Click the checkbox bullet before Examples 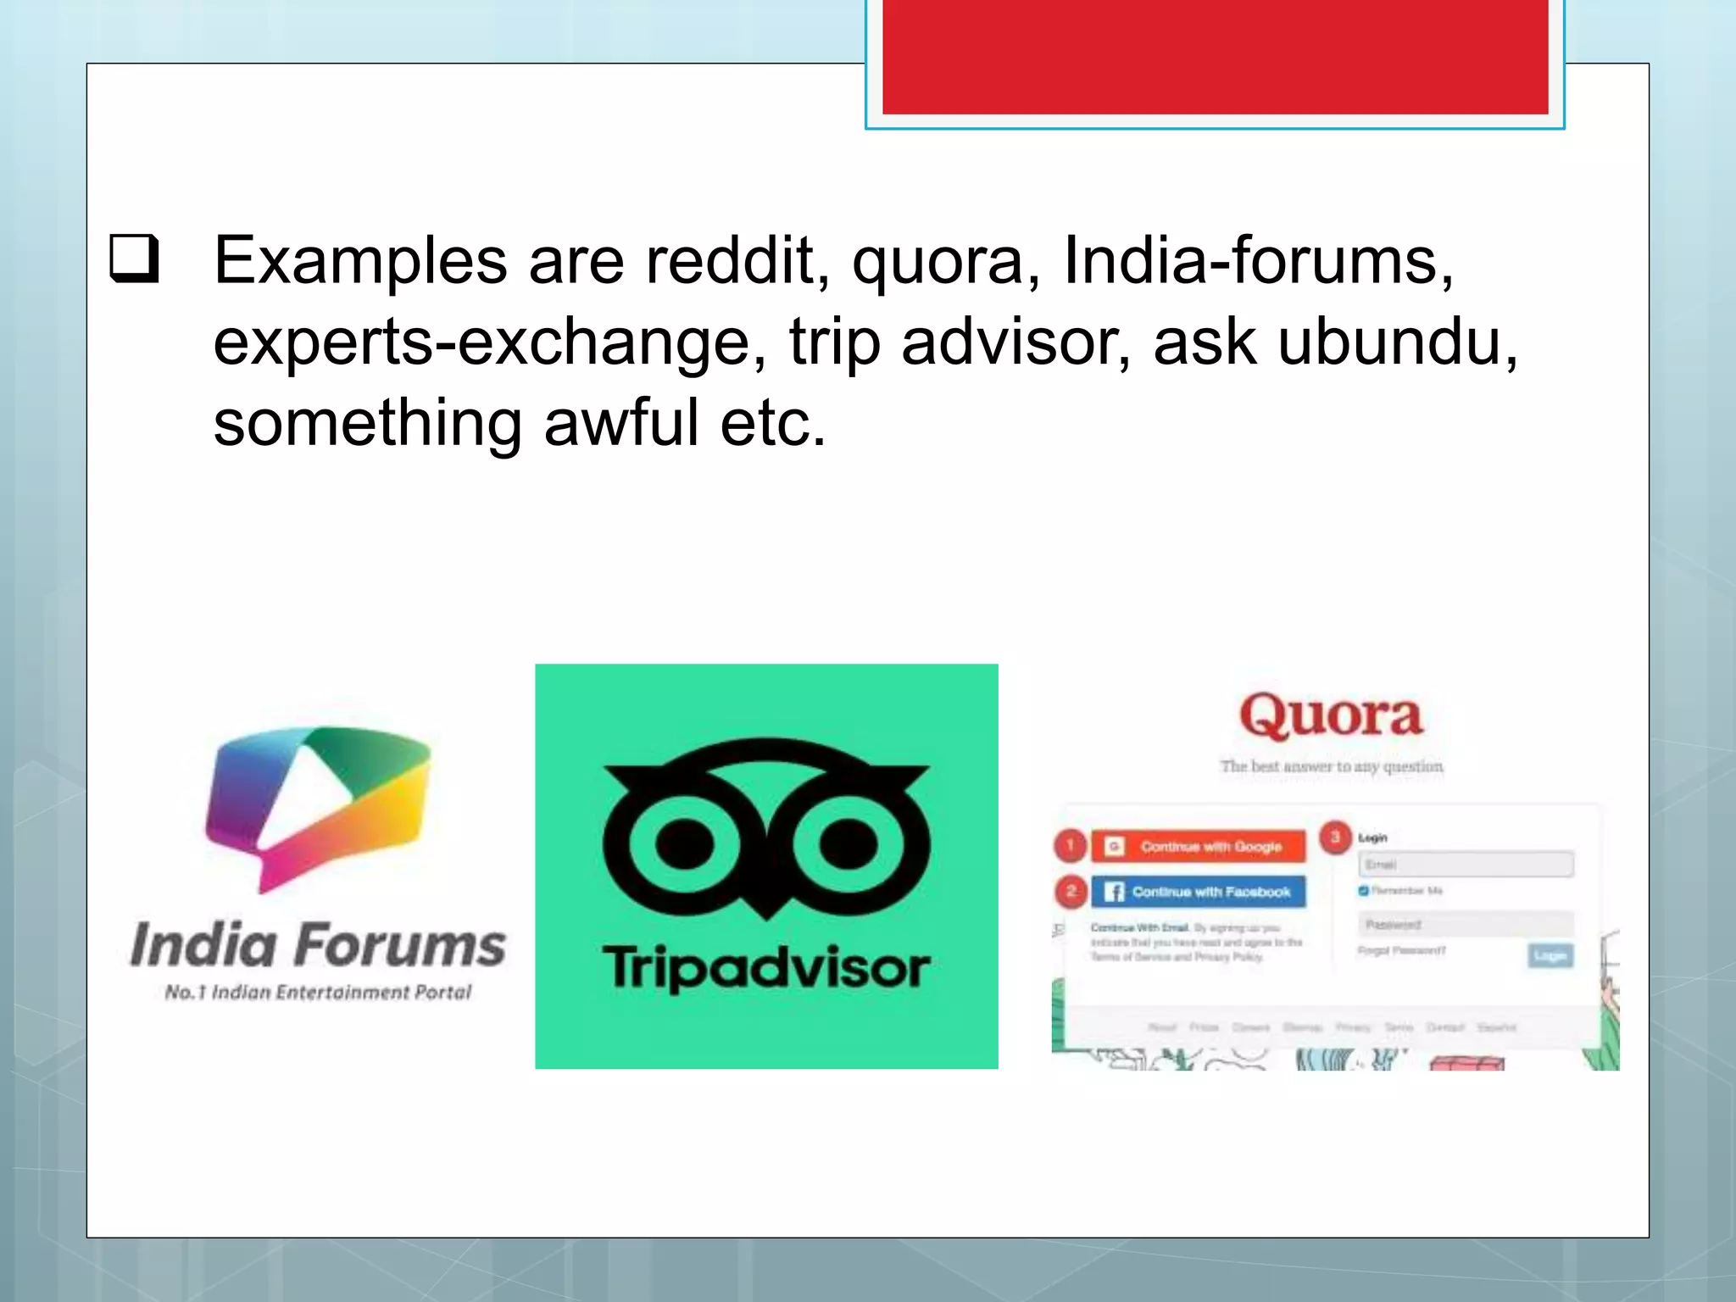(135, 259)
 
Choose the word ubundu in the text (1397, 342)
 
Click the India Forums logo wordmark (318, 944)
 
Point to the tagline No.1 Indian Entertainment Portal (318, 993)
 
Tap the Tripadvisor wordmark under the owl (766, 968)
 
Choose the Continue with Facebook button (1199, 892)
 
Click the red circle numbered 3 (1335, 837)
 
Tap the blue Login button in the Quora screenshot (1550, 956)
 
